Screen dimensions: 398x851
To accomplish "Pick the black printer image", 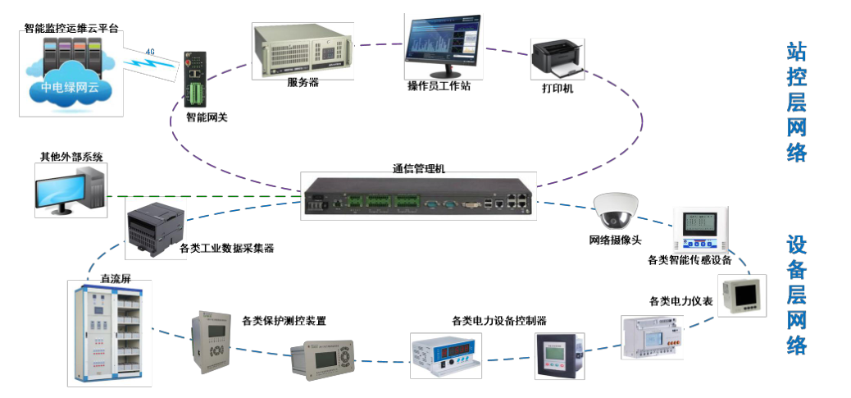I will (x=557, y=57).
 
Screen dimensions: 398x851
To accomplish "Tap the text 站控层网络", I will (x=796, y=103).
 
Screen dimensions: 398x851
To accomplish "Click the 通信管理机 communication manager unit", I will (x=418, y=196).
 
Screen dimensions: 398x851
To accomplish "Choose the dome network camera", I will (x=616, y=210).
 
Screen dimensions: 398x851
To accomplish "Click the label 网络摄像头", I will (x=615, y=240).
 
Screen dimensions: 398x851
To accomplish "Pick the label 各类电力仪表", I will (x=680, y=301).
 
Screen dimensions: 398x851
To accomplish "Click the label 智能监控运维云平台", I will (x=72, y=28).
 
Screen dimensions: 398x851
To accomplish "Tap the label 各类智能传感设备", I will (x=689, y=260).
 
